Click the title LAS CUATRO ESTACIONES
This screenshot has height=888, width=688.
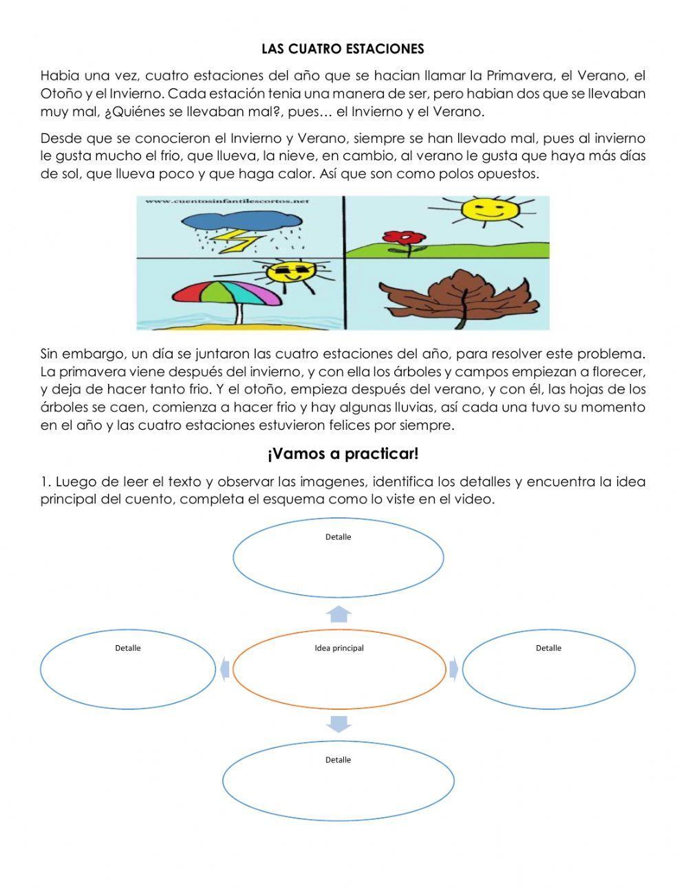(343, 49)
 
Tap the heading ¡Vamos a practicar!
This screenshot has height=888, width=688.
(343, 454)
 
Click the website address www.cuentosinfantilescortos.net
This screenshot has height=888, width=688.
(226, 202)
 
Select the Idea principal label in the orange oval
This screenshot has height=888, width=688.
(339, 648)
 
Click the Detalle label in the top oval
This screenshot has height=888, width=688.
(338, 537)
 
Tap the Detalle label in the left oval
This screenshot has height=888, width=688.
(128, 648)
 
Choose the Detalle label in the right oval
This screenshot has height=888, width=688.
(548, 648)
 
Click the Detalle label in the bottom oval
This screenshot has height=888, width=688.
(338, 759)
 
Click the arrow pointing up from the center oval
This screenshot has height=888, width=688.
(338, 614)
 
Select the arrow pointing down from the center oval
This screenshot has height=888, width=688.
(338, 724)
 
